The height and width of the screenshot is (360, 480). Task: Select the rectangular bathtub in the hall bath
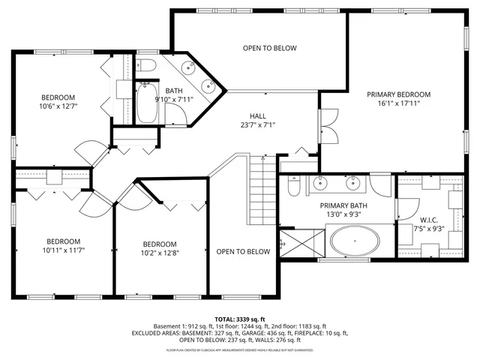coord(146,103)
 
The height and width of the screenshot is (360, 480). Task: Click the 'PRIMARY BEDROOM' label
coord(398,94)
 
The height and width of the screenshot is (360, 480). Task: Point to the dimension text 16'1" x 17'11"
coord(398,104)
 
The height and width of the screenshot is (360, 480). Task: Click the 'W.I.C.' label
coord(427,220)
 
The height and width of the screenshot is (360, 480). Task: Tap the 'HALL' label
coord(258,115)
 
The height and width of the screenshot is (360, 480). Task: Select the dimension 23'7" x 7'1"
coord(258,125)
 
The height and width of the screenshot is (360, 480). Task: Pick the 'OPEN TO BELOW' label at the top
coord(269,48)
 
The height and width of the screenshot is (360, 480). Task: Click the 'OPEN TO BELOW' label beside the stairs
coord(243,252)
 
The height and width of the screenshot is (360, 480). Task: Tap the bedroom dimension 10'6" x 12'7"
coord(58,107)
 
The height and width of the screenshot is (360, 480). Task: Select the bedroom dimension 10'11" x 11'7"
coord(58,251)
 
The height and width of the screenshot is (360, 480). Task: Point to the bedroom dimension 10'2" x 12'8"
coord(160,254)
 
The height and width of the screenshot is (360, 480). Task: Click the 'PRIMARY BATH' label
coord(343,205)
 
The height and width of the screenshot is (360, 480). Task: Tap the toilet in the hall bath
coord(145,66)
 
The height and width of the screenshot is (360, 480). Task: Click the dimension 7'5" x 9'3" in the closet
coord(427,229)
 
